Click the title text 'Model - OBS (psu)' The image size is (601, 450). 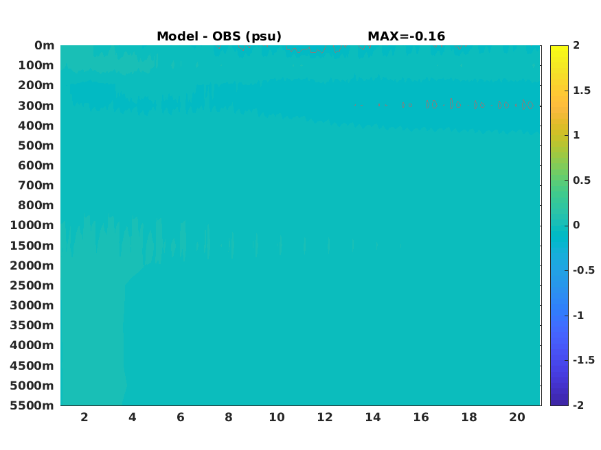(x=219, y=36)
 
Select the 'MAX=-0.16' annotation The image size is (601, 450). (x=407, y=36)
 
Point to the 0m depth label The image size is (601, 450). (x=45, y=45)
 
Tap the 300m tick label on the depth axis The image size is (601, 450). (x=36, y=106)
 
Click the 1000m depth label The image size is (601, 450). (x=32, y=225)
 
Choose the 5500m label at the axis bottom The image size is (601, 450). (x=32, y=405)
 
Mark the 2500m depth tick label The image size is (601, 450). (x=32, y=285)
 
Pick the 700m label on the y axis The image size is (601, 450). (x=36, y=185)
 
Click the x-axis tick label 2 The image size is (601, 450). (x=84, y=417)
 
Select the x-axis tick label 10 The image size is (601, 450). (x=277, y=417)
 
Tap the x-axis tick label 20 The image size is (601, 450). (x=517, y=417)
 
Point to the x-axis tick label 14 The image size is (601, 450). (x=373, y=417)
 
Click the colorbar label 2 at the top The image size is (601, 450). (x=576, y=45)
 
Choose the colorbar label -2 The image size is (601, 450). (x=579, y=405)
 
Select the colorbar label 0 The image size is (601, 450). (x=576, y=225)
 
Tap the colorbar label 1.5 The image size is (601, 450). (x=582, y=91)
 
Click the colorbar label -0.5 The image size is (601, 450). (x=584, y=270)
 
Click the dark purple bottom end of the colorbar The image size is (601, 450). (x=559, y=403)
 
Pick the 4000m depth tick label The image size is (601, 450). (x=32, y=345)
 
